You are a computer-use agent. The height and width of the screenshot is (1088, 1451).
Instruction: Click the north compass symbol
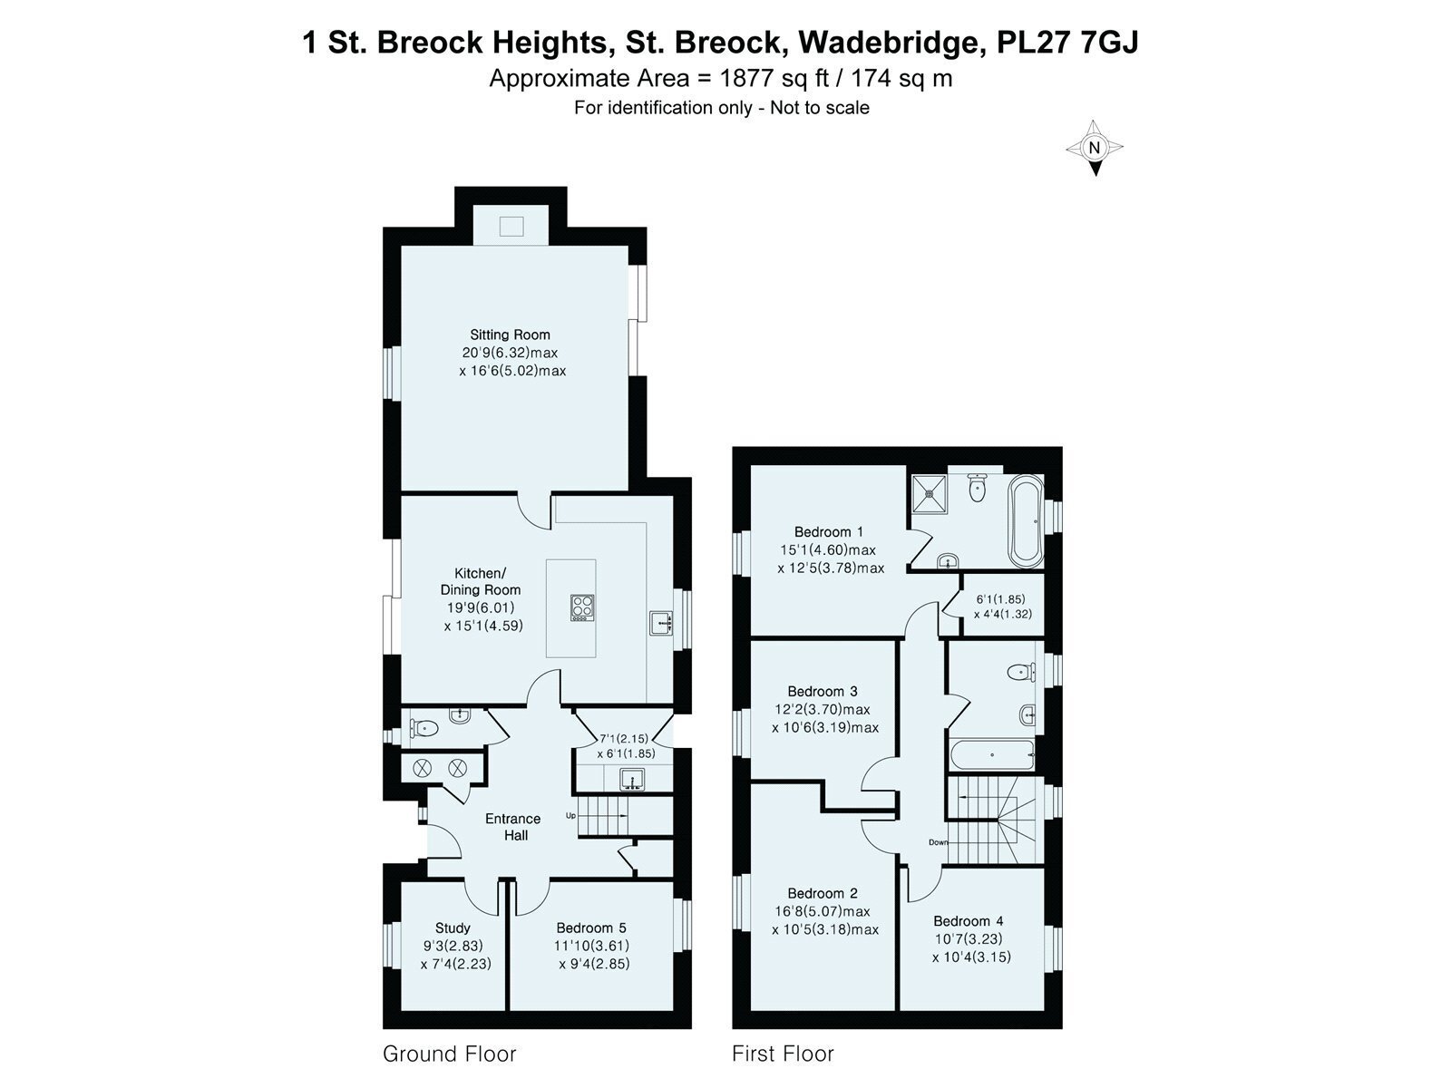pos(1095,148)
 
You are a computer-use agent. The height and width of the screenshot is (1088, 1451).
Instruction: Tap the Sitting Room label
pos(510,334)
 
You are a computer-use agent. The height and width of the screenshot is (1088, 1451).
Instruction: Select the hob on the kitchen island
pos(581,607)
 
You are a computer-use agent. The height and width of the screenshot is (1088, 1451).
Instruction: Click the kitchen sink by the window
pos(660,623)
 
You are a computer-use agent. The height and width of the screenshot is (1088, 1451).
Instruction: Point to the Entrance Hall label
pos(512,827)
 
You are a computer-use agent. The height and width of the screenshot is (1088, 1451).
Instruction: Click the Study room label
pos(453,928)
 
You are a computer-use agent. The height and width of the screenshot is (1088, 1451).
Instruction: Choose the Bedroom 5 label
pos(591,928)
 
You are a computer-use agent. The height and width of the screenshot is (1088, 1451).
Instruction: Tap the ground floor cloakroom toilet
pos(424,727)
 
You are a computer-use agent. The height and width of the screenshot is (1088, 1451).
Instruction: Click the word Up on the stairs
pos(571,815)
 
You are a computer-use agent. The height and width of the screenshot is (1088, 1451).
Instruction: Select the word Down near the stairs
pos(938,842)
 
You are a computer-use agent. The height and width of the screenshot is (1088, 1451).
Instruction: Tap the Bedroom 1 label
pos(828,532)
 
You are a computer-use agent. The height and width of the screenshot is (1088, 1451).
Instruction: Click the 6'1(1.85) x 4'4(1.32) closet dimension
pos(1002,607)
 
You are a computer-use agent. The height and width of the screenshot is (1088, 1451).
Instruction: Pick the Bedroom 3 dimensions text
pos(824,718)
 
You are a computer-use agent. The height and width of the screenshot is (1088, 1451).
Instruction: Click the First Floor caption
pos(783,1054)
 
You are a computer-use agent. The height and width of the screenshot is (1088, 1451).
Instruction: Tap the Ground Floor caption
pos(449,1054)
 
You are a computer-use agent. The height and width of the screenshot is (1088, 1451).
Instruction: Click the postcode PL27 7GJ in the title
pos(1067,43)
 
